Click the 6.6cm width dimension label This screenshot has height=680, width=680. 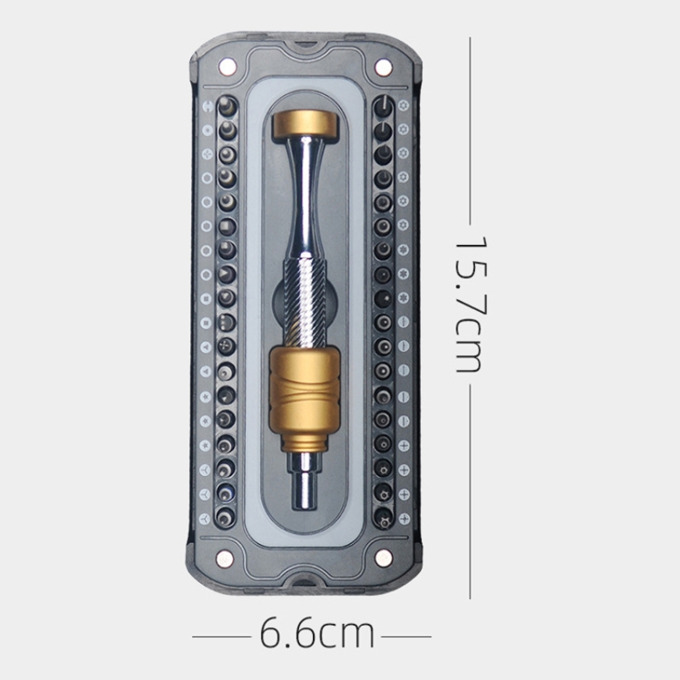316,634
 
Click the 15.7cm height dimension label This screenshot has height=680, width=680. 470,305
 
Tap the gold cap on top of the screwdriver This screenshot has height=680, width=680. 306,124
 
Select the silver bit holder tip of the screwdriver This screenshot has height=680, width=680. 306,481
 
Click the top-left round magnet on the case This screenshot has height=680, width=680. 228,67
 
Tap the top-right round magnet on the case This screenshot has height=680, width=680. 383,67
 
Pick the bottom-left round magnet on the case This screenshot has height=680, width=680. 225,559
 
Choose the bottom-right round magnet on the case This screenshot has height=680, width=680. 384,559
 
